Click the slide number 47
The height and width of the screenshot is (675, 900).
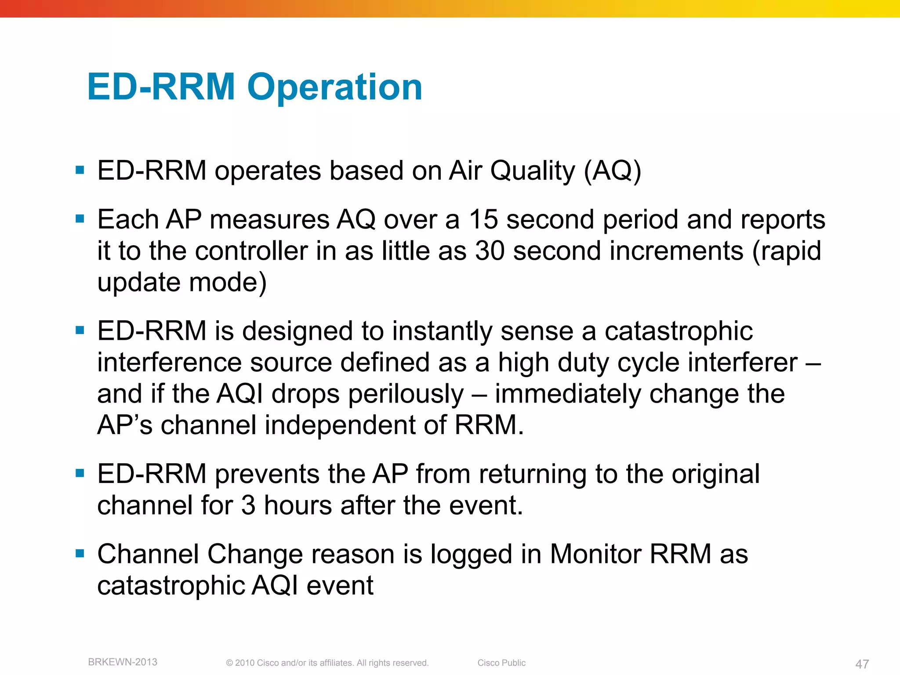862,664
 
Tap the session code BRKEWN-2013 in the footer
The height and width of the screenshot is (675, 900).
123,662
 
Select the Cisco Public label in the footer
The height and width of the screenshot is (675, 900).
501,663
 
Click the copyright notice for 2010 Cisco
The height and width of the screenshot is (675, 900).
327,663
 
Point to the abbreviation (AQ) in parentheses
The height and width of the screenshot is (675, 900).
612,171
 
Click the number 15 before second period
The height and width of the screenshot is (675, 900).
483,219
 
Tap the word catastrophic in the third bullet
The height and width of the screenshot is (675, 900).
679,331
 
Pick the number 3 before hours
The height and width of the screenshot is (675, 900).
248,505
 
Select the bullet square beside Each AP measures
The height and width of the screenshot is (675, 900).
80,218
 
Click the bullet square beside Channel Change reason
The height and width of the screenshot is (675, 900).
80,553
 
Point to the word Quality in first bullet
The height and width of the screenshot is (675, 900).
532,171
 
